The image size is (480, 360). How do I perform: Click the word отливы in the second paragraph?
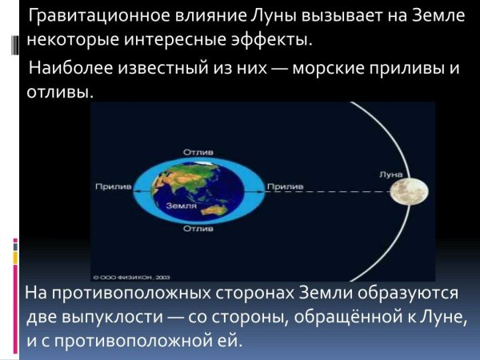[58, 92]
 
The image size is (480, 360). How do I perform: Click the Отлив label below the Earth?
[197, 230]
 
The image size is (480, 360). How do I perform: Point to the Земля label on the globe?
[180, 206]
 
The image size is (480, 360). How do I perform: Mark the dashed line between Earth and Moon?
[344, 192]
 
